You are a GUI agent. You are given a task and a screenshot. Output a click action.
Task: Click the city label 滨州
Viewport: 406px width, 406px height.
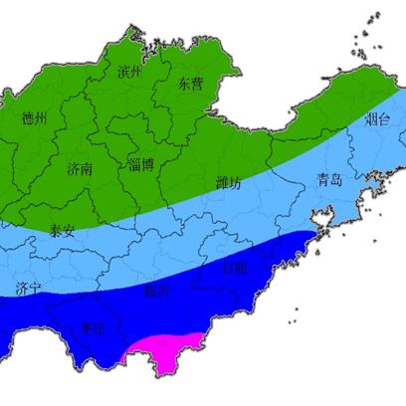(x=129, y=73)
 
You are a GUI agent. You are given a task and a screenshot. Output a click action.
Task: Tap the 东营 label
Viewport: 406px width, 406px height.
(x=189, y=85)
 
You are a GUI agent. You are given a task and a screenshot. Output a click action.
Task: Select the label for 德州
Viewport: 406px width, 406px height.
(x=35, y=118)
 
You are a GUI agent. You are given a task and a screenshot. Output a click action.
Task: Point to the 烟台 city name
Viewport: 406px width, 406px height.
(x=377, y=120)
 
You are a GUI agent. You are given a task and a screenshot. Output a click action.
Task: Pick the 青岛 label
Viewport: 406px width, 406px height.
(x=329, y=180)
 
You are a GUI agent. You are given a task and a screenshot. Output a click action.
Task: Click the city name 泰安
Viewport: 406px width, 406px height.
(x=62, y=230)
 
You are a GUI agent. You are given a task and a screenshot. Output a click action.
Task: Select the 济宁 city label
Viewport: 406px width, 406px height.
(x=29, y=289)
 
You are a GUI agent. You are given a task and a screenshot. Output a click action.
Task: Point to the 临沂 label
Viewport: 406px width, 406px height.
(x=156, y=292)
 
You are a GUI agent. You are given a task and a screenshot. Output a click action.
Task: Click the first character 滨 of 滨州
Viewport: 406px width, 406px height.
(x=123, y=73)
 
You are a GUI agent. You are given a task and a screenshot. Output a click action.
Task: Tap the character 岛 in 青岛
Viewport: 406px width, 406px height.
(x=336, y=180)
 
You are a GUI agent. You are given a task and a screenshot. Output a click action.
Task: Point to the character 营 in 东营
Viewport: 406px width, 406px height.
(x=196, y=85)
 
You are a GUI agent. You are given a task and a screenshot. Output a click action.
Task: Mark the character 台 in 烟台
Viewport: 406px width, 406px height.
(x=384, y=120)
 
